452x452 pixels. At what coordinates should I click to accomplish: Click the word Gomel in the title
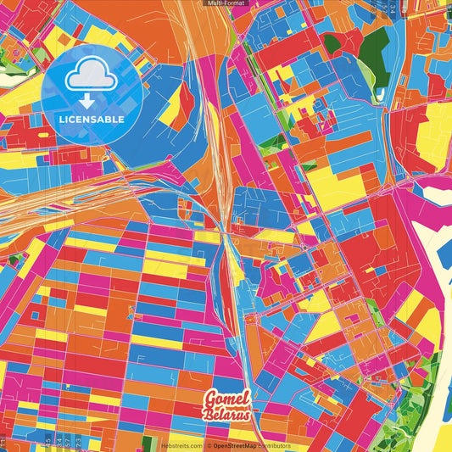pos(226,399)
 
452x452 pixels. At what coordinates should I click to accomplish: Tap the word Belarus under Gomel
pos(226,415)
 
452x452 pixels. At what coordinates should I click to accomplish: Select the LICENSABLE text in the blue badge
pos(92,120)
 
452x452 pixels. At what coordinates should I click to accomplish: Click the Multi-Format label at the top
pos(226,3)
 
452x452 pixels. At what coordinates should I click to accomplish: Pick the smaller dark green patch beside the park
pos(332,44)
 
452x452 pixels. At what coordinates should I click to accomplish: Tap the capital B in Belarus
pos(208,415)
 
